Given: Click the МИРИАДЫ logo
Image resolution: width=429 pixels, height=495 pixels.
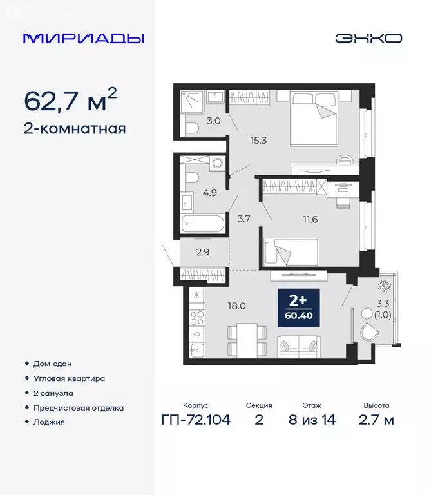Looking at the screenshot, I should [84, 38].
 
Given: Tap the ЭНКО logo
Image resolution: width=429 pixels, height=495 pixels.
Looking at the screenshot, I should [368, 38].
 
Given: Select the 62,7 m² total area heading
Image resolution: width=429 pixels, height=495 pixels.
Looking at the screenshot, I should [70, 100].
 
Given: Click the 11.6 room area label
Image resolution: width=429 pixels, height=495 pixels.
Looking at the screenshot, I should [301, 219].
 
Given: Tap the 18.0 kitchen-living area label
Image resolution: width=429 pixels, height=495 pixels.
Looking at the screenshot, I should [238, 306].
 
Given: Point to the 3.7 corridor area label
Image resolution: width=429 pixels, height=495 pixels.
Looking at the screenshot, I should [243, 219].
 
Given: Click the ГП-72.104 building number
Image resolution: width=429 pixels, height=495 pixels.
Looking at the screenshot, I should [195, 420].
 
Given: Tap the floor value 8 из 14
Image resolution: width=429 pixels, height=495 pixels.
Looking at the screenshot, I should [312, 420].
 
